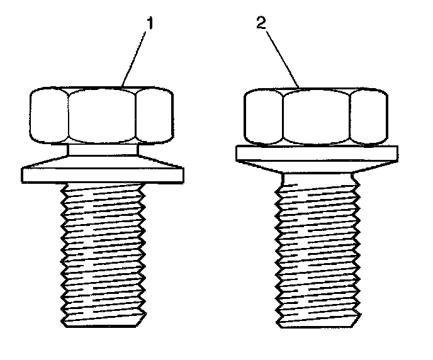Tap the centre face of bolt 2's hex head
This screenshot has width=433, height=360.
[316, 118]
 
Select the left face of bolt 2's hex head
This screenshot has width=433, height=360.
[262, 118]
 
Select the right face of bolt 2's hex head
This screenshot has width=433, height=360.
[368, 117]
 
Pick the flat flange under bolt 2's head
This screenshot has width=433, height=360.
[316, 153]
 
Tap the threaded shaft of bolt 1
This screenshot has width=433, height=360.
[103, 252]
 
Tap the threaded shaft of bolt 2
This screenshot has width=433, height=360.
[316, 252]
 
